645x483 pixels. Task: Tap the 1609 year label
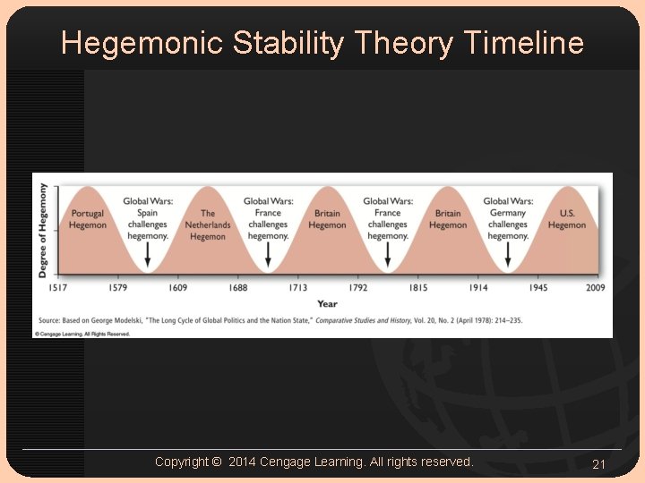[177, 288]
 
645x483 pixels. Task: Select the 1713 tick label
[297, 288]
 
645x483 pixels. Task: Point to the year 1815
[417, 288]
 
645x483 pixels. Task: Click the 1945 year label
[537, 288]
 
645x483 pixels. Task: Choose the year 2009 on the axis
[595, 288]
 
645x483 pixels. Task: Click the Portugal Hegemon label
[88, 219]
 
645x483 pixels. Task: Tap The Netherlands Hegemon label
[208, 225]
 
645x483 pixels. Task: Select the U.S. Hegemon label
[567, 219]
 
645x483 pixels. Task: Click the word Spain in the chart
[148, 213]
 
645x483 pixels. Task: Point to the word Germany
[508, 213]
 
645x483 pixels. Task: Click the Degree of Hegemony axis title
[42, 230]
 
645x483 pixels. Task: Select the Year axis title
[327, 304]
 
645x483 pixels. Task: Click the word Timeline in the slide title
[524, 42]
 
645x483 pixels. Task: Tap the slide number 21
[598, 464]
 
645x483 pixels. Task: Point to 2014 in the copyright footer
[242, 462]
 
